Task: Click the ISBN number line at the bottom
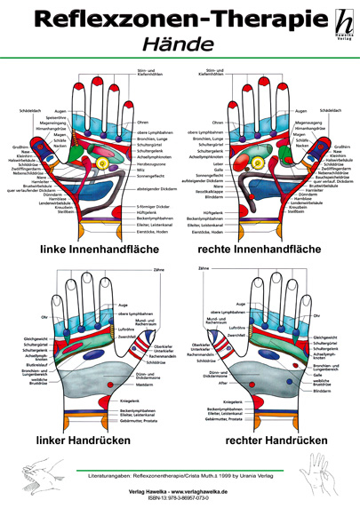[x=180, y=499]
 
